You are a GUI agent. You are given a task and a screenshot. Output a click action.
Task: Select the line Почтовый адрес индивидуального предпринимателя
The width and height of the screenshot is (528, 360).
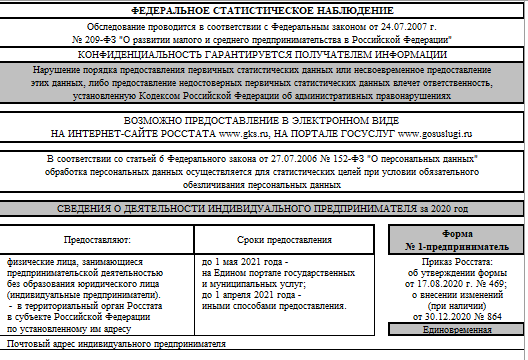point(117,344)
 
